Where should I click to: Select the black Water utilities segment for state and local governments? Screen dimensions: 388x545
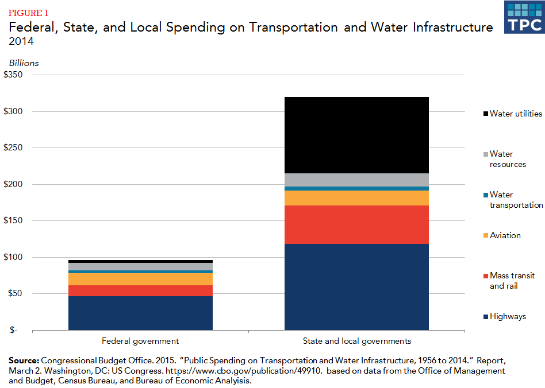356,135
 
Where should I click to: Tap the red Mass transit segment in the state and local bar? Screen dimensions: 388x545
356,224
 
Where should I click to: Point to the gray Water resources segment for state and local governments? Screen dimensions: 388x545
356,180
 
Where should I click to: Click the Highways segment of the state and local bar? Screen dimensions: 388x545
356,287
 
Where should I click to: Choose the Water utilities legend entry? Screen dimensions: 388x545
515,114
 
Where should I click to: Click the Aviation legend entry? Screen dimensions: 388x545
505,235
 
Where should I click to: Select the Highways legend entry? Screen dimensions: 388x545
507,316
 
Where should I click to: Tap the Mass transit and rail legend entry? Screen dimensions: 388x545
512,281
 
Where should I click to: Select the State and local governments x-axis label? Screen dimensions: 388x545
356,341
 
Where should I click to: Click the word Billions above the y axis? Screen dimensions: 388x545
24,63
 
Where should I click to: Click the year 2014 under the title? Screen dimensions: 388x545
20,41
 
